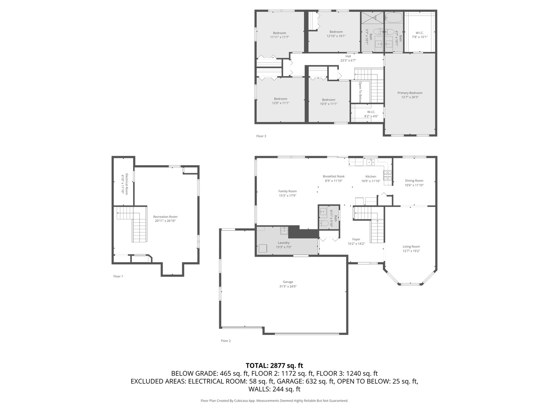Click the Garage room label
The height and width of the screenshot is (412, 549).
pyautogui.click(x=288, y=282)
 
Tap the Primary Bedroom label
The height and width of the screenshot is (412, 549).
pyautogui.click(x=410, y=93)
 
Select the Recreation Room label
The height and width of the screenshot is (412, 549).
pyautogui.click(x=165, y=217)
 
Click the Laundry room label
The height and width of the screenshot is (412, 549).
pyautogui.click(x=284, y=243)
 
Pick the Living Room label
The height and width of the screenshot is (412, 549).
pyautogui.click(x=411, y=246)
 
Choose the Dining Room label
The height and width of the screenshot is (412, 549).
pyautogui.click(x=414, y=181)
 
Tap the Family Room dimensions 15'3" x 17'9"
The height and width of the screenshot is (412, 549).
pyautogui.click(x=287, y=196)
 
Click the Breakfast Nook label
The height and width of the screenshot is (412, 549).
pyautogui.click(x=334, y=176)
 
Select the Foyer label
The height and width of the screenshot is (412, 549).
pyautogui.click(x=356, y=239)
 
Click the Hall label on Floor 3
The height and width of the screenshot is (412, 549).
pyautogui.click(x=348, y=56)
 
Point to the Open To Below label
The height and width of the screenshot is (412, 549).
pyautogui.click(x=360, y=92)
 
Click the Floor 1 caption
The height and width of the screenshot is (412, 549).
pyautogui.click(x=118, y=276)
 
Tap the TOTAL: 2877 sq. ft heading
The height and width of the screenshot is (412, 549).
pyautogui.click(x=274, y=365)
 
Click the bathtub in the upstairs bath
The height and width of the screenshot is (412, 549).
pyautogui.click(x=393, y=18)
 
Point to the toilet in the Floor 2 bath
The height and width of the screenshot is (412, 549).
pyautogui.click(x=323, y=225)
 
